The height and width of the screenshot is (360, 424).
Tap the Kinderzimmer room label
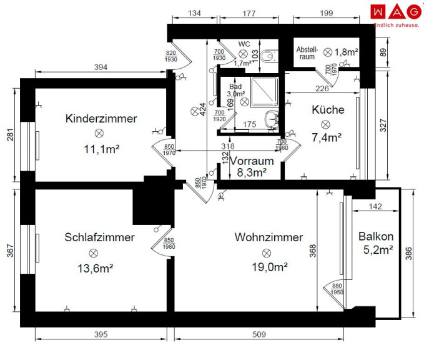tap(101, 119)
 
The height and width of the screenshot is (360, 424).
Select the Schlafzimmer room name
tap(99, 237)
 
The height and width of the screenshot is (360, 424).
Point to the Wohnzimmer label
tap(269, 237)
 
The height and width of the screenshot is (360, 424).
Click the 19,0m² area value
tap(270, 267)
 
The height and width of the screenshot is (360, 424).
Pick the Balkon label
tap(376, 236)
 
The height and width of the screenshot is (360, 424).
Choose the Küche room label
tap(328, 109)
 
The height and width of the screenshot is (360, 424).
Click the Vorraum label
tap(252, 161)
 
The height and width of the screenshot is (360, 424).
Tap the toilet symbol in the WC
tap(270, 56)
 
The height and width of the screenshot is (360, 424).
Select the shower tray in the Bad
tap(265, 92)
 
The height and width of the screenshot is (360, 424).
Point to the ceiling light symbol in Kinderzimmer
tap(99, 133)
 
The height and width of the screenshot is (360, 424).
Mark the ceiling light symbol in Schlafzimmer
tap(93, 253)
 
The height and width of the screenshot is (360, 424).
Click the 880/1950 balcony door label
tap(337, 289)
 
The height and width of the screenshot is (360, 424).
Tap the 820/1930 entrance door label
tap(171, 56)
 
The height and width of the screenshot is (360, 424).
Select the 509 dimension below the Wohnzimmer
tap(259, 334)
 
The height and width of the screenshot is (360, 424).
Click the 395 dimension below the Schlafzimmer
tap(101, 334)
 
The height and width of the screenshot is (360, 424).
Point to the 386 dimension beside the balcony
tap(408, 254)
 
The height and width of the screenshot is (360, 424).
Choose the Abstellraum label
tap(307, 53)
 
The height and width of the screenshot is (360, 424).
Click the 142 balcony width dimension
tap(375, 206)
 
